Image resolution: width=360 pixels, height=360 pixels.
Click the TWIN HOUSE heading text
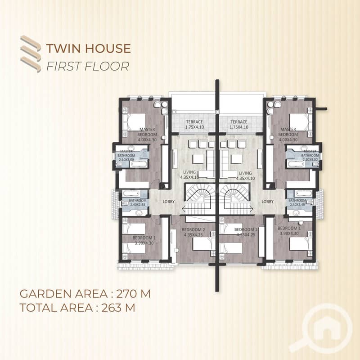[89, 49]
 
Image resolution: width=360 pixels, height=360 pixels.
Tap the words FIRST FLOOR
[88, 66]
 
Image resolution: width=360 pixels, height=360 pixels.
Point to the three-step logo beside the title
[31, 54]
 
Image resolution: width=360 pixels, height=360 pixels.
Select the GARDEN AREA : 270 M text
[85, 294]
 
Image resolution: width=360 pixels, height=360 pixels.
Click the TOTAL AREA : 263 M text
[77, 308]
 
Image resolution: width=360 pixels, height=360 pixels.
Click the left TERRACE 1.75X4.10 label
[194, 125]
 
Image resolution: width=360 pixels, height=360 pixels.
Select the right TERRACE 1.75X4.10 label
[239, 125]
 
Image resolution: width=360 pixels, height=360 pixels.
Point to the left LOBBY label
[169, 202]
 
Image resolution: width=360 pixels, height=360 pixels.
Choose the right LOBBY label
[268, 202]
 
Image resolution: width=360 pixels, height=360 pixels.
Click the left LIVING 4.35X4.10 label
[189, 175]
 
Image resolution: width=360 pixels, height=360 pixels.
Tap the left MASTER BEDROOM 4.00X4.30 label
[147, 135]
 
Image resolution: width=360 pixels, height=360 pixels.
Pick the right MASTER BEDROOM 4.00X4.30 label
[288, 135]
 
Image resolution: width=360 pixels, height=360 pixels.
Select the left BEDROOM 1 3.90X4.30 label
[144, 240]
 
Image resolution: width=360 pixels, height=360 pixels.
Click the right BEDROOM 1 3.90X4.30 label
[289, 231]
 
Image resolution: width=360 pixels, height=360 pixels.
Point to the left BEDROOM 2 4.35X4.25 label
[193, 232]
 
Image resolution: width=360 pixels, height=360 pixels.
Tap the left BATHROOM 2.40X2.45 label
[138, 202]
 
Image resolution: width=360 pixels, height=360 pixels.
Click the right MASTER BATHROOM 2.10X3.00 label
[310, 155]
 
